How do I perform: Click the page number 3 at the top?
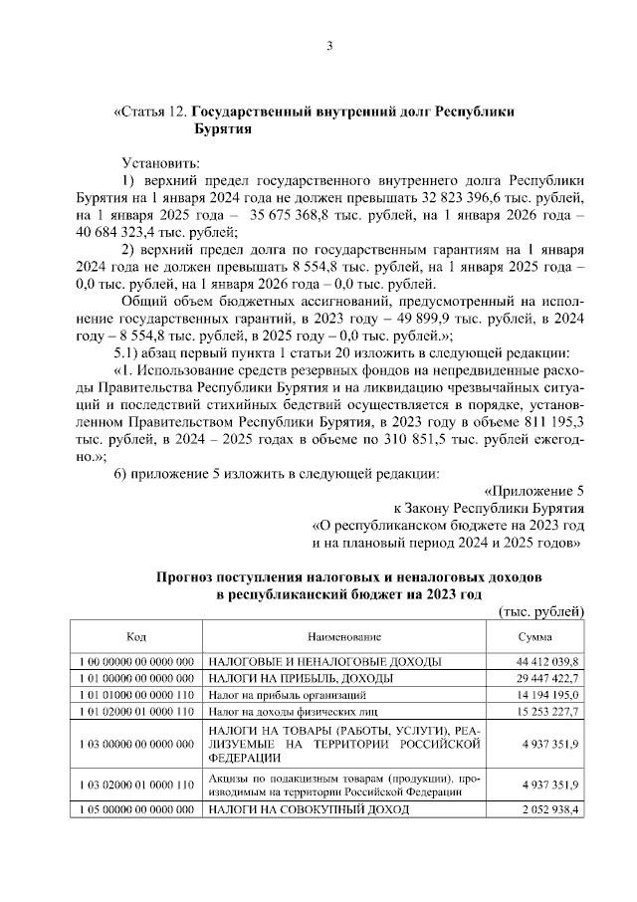(328, 45)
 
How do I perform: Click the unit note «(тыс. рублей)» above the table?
(539, 611)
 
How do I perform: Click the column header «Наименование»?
(344, 636)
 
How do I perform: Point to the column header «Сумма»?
(534, 636)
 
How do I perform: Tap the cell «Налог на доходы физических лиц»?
(282, 712)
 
